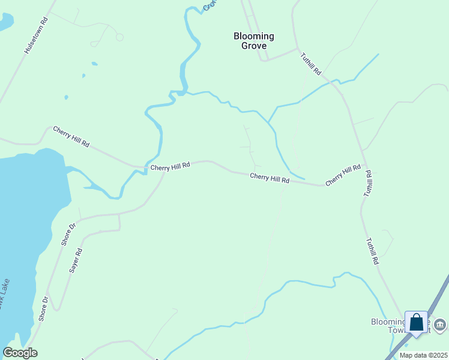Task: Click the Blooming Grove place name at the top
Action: [x=253, y=41]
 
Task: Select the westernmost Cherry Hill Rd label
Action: [x=71, y=136]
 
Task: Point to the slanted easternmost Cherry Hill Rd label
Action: [x=343, y=174]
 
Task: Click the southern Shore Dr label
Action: [x=43, y=308]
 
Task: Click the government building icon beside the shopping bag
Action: [x=439, y=325]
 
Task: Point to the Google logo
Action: [x=20, y=353]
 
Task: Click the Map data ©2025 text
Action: [x=423, y=355]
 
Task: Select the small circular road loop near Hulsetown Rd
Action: [x=119, y=37]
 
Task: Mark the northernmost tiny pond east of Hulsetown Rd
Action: [x=94, y=63]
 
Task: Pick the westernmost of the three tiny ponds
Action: [x=66, y=97]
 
